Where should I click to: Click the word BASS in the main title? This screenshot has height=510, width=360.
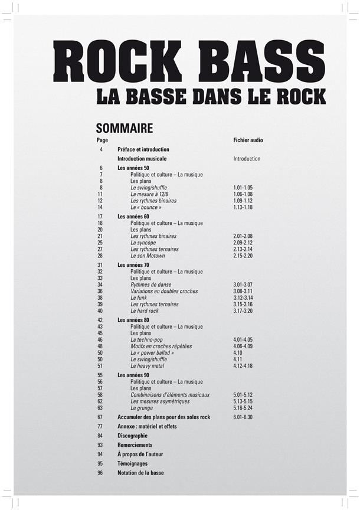coord(255,61)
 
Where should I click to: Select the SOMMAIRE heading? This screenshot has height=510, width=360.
coord(124,127)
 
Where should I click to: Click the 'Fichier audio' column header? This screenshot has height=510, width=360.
coord(248,140)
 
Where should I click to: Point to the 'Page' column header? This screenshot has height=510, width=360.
coord(102,140)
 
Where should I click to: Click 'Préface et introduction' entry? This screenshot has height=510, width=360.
coord(143,149)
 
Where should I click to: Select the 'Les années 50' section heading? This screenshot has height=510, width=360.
coord(133,168)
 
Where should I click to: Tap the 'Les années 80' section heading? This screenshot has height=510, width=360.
coord(133,320)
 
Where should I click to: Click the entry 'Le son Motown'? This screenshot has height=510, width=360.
coord(148,256)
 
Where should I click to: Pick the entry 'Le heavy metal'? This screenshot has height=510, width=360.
coord(148,365)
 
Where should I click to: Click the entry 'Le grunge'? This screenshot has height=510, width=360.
coord(142,407)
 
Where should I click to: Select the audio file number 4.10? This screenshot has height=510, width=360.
coord(238,352)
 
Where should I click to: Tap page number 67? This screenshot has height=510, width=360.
coord(100,417)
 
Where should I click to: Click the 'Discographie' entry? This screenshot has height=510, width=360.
coord(132,436)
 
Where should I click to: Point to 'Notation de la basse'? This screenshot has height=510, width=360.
coord(140,473)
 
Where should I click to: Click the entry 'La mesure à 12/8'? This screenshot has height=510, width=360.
coord(150,194)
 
